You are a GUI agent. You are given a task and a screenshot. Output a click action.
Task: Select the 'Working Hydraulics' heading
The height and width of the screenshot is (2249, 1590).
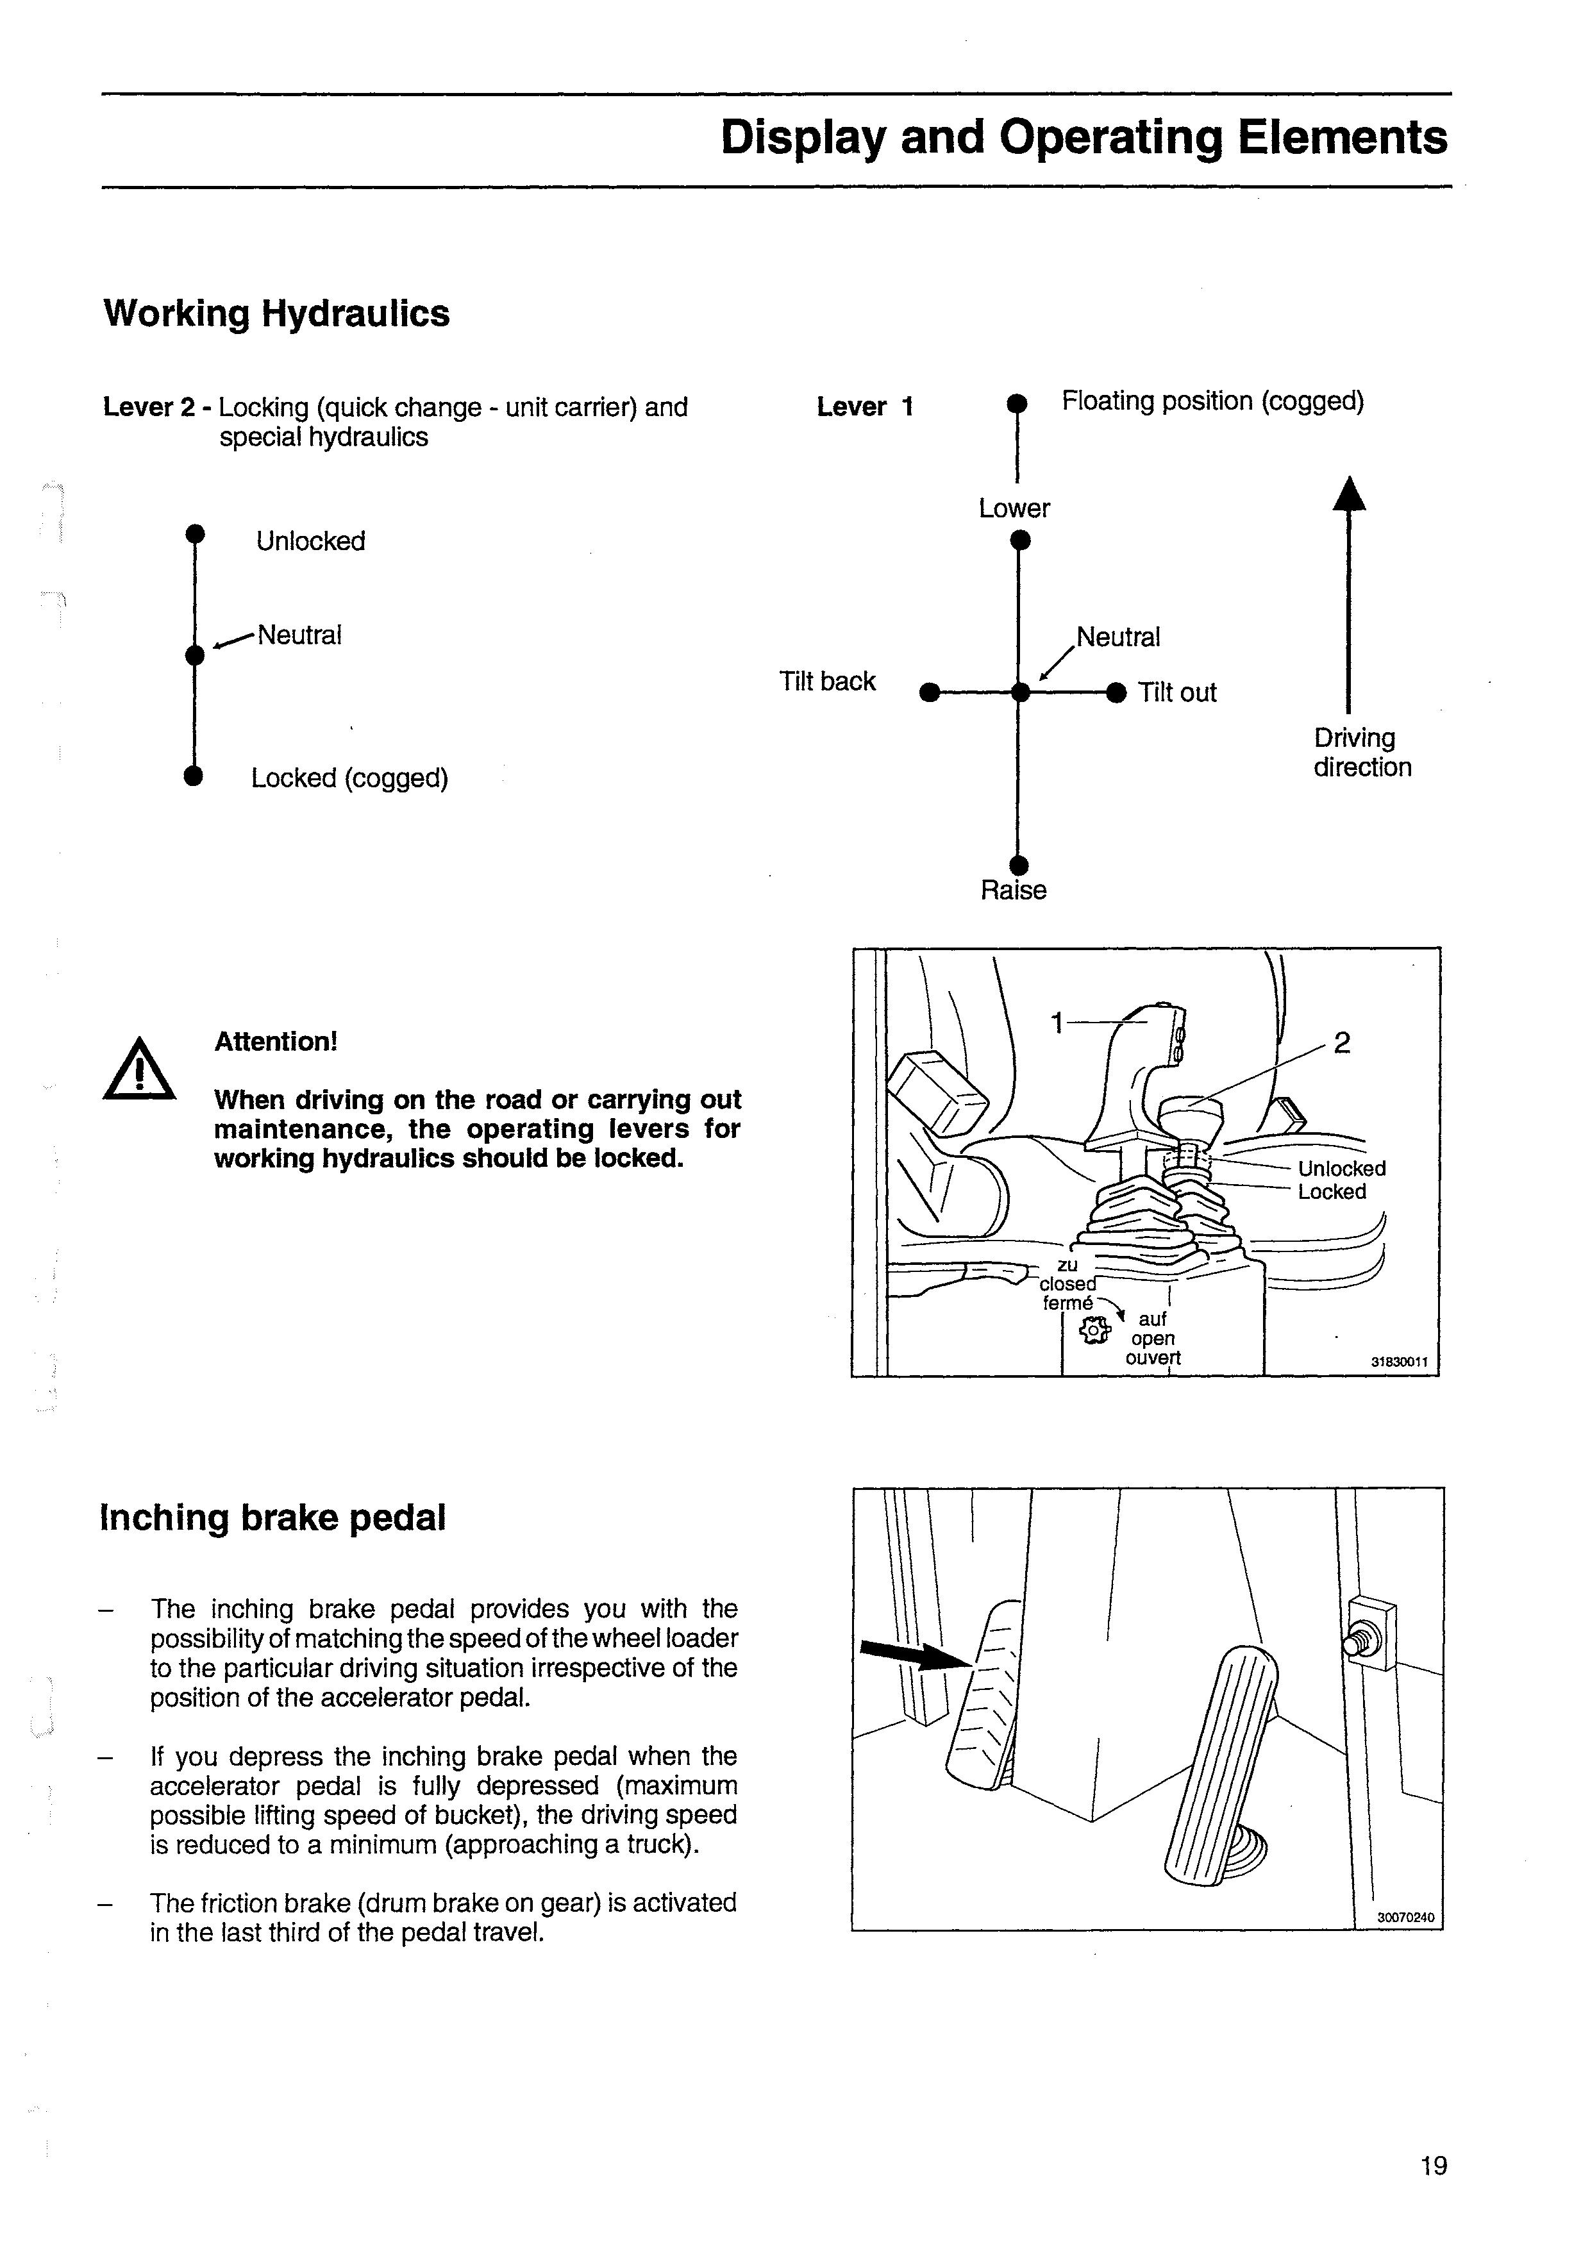[x=276, y=314]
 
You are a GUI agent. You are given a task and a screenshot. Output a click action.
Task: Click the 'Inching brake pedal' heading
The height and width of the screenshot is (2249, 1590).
[x=272, y=1517]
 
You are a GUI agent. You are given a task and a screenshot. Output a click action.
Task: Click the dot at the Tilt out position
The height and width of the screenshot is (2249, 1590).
[x=1116, y=692]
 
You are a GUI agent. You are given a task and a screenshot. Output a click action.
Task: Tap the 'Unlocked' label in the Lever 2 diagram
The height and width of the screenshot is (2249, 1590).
[x=310, y=542]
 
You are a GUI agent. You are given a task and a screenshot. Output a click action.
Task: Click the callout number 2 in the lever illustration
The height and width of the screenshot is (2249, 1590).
[x=1342, y=1043]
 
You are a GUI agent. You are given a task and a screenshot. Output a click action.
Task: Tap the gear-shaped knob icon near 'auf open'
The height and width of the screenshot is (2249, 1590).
[x=1094, y=1329]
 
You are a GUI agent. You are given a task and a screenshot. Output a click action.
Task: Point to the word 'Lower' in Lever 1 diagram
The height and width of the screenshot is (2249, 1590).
[x=1014, y=508]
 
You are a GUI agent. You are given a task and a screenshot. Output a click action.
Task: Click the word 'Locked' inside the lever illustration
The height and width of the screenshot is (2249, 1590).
[x=1332, y=1192]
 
